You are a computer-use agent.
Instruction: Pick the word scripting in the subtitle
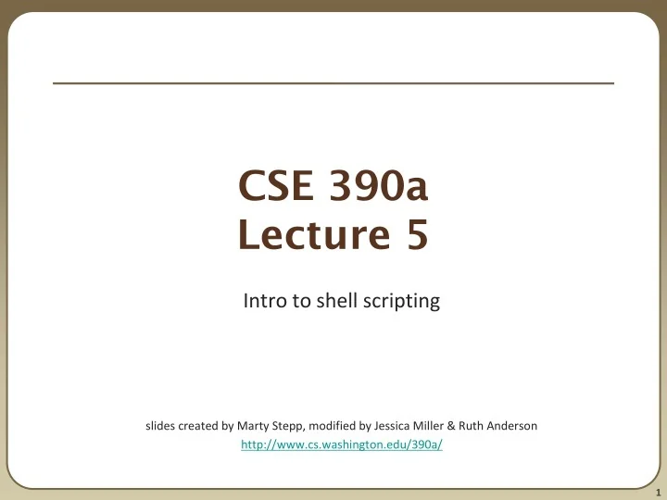[x=395, y=301]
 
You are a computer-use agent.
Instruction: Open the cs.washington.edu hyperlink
[x=341, y=445]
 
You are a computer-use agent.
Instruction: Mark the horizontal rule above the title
[x=333, y=83]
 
